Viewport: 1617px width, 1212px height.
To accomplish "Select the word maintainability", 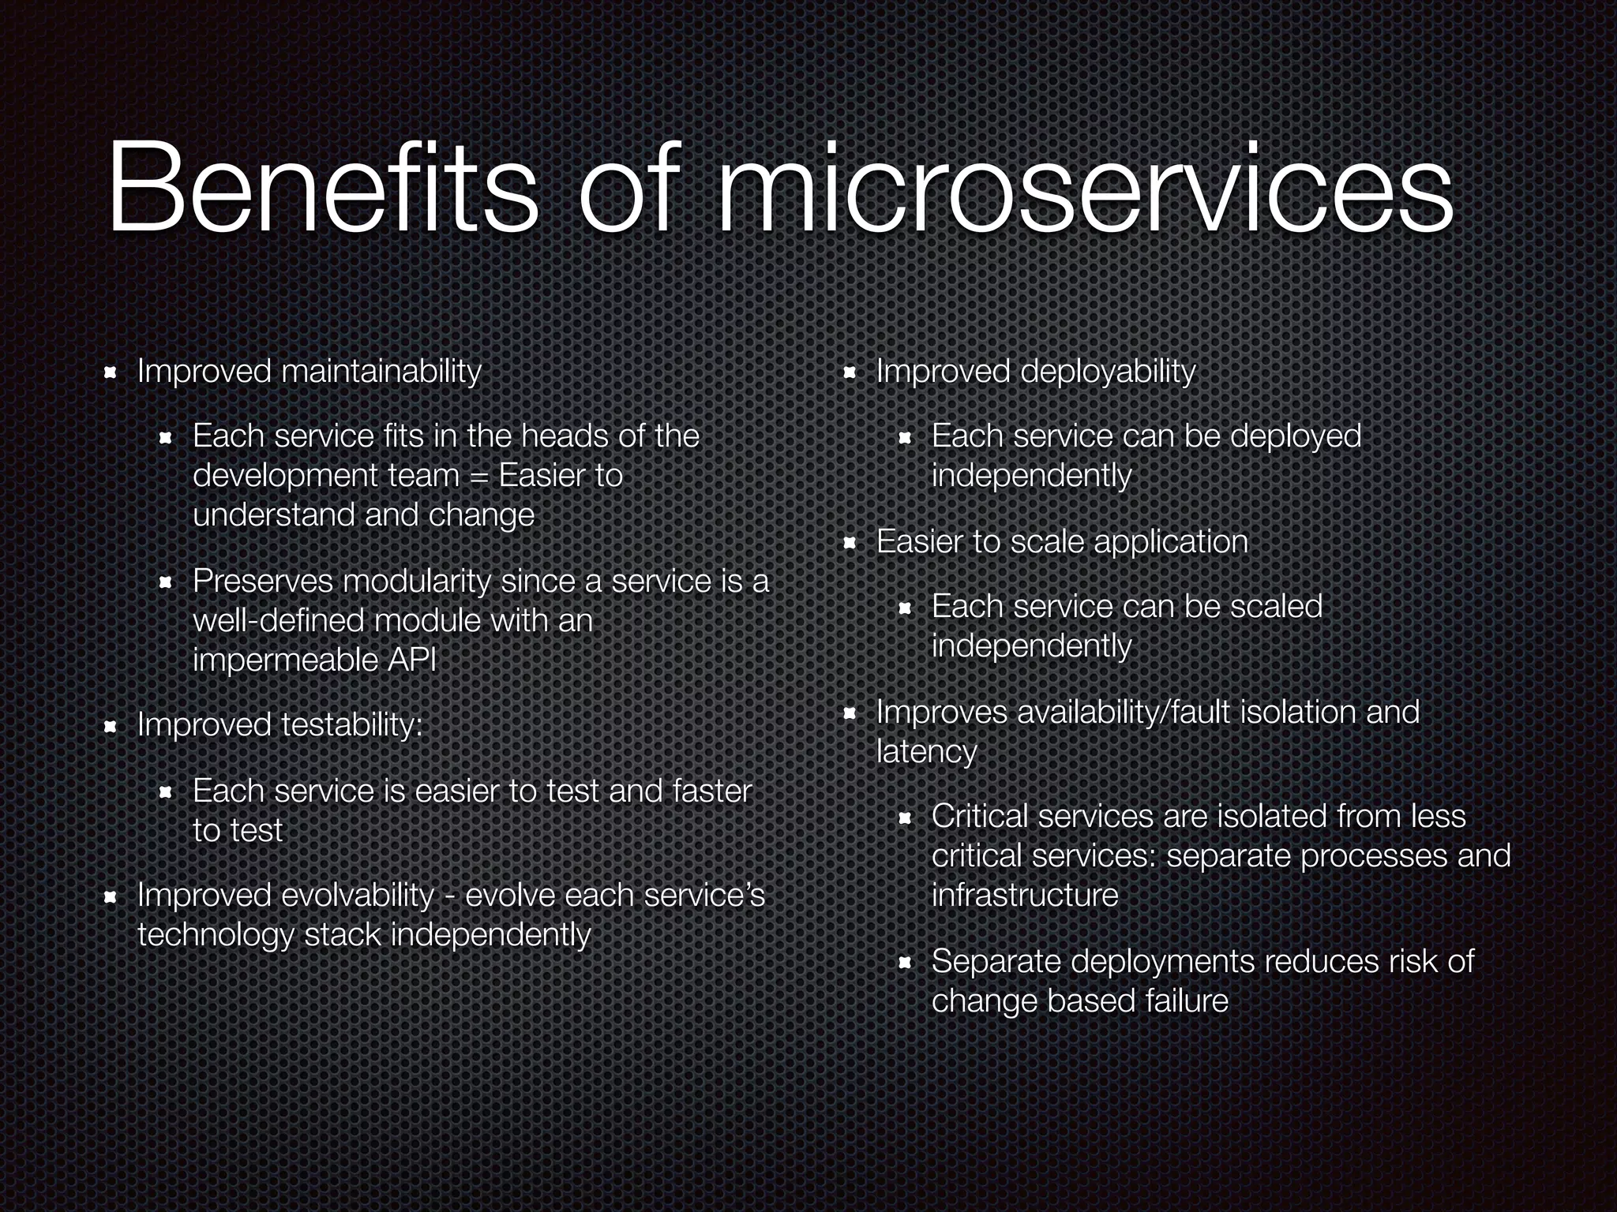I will pyautogui.click(x=381, y=371).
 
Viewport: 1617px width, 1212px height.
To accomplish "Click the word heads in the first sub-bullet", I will pyautogui.click(x=566, y=436).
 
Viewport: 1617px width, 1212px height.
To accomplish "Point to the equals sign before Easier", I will pyautogui.click(x=478, y=476).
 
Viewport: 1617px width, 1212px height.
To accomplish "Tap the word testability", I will pyautogui.click(x=351, y=725).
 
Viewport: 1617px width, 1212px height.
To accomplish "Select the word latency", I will pyautogui.click(x=926, y=752).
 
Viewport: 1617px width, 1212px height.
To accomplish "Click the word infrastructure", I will pyautogui.click(x=1025, y=896).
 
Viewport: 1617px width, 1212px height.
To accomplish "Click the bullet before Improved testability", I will pyautogui.click(x=111, y=726).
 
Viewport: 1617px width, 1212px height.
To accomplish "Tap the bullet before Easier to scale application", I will pyautogui.click(x=850, y=543).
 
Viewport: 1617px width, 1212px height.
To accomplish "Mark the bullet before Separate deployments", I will pyautogui.click(x=905, y=963).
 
